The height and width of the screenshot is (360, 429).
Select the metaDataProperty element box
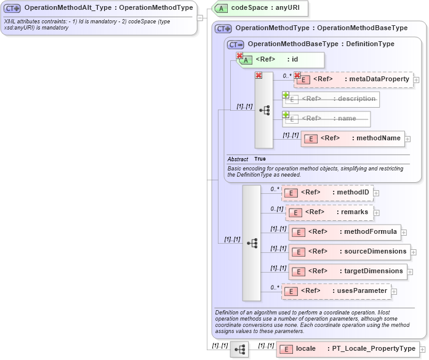pos(353,79)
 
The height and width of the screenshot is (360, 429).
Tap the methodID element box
pos(327,193)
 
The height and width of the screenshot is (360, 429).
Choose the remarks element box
pos(330,212)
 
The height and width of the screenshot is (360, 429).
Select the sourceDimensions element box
pos(350,252)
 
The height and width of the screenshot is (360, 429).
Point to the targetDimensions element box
pos(348,271)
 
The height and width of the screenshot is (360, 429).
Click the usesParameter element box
pos(336,291)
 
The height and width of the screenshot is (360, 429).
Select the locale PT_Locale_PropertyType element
pos(348,349)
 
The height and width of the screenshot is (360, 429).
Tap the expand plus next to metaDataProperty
pos(417,79)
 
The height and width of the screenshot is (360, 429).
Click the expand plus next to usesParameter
pos(395,291)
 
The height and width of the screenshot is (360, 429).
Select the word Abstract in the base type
pos(238,159)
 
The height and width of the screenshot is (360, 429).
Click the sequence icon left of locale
pos(239,350)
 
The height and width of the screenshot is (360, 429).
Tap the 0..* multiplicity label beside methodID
pos(275,189)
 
